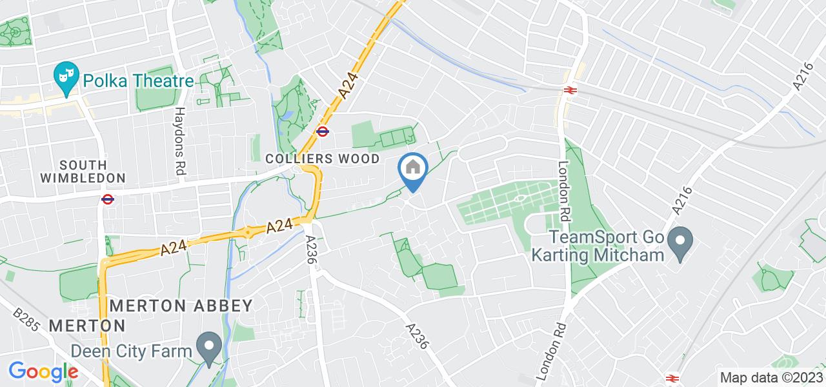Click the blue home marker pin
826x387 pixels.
412,170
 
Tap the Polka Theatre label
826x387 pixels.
137,81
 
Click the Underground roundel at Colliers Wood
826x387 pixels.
323,132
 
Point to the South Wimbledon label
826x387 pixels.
83,169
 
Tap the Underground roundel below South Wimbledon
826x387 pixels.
108,199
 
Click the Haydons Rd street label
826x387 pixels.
181,140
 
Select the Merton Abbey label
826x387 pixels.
181,305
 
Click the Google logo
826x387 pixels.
43,372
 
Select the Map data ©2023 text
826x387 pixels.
771,378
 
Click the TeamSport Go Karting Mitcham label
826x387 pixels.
597,246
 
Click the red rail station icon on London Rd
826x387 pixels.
570,91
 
